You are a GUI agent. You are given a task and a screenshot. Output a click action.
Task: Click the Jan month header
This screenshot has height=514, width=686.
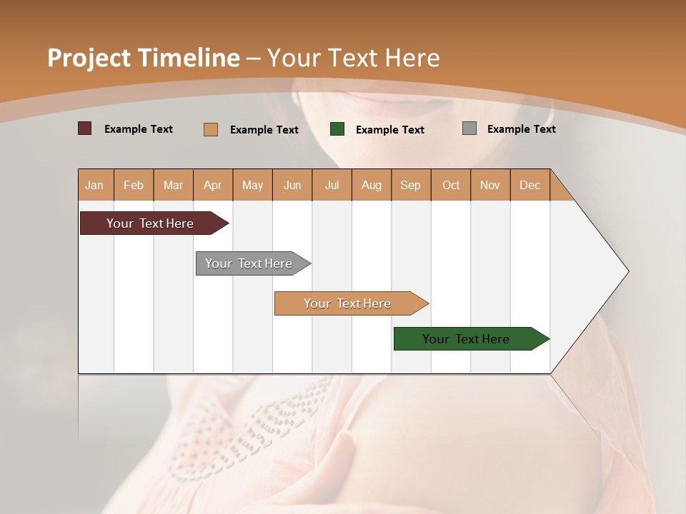[95, 185]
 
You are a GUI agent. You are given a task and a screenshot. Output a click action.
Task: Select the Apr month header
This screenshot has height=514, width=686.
[212, 185]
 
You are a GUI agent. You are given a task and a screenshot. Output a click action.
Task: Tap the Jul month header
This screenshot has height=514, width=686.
[332, 185]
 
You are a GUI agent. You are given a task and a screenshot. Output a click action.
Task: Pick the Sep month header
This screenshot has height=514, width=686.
[410, 185]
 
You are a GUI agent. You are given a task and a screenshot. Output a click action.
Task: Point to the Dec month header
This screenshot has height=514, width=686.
[530, 185]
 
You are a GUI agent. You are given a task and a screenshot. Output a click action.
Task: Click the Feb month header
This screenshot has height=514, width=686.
[134, 185]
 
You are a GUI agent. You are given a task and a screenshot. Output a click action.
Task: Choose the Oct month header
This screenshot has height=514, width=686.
[451, 185]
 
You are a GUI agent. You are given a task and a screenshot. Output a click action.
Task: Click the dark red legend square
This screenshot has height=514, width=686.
[84, 128]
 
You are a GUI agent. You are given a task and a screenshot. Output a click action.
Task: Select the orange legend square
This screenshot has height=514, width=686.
[211, 129]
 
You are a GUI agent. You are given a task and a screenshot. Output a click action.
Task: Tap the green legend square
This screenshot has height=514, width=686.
[337, 129]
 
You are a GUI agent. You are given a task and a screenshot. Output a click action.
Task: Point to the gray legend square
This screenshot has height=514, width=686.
[469, 128]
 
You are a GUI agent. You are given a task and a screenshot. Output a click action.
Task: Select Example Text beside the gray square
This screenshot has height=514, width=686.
[521, 129]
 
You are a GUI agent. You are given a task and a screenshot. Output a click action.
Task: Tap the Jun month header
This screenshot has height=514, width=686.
[292, 185]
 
